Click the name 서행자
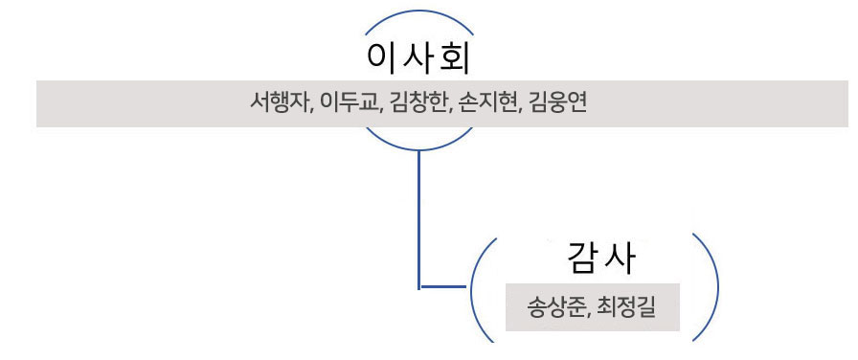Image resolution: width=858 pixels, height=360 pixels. point(279,102)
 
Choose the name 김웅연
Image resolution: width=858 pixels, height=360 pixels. point(558,102)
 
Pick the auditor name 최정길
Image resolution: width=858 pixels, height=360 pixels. point(627,307)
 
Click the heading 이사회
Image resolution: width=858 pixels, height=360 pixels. point(418,58)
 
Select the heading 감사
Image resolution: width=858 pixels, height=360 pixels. point(601,258)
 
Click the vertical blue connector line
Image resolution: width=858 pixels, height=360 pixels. point(419,219)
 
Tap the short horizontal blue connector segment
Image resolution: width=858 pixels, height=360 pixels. point(442,286)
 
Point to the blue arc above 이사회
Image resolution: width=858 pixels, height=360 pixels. point(418,11)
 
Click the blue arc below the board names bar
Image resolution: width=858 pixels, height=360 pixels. point(418,150)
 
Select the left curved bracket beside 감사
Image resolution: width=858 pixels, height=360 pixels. point(472,287)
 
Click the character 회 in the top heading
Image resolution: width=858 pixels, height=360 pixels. point(454,58)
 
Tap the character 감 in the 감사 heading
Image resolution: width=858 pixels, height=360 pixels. point(583,258)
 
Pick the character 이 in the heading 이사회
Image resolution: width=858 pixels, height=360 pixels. point(382,58)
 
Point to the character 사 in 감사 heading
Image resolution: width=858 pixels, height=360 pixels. point(620,258)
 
